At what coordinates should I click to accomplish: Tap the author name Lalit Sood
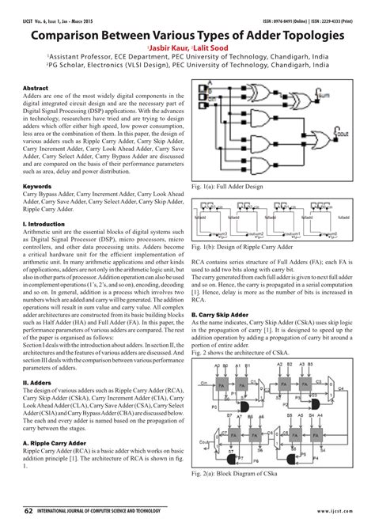click(x=208, y=48)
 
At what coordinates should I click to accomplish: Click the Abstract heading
click(x=36, y=87)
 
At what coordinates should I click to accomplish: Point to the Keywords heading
click(x=38, y=187)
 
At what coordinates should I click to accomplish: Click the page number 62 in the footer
click(x=28, y=512)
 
